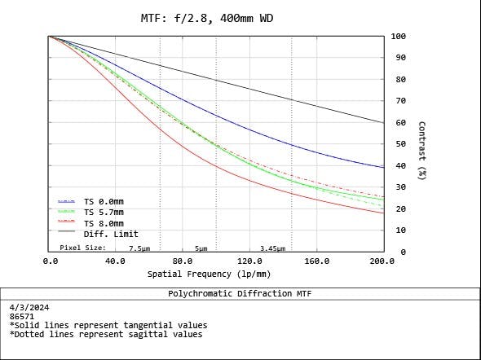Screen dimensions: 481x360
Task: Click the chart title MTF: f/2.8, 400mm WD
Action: pos(207,19)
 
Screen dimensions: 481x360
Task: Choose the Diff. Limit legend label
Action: pos(111,234)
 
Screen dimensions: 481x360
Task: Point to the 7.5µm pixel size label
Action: pos(139,248)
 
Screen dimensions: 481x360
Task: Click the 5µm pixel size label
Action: pos(201,248)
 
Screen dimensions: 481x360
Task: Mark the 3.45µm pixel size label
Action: pos(273,248)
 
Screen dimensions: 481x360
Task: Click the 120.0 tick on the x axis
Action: pos(249,261)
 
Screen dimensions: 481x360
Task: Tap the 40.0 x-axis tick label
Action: pos(115,261)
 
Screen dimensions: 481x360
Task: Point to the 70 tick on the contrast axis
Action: pos(399,101)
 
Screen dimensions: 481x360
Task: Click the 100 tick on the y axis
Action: pos(399,37)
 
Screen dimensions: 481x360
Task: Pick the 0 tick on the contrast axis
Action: pos(403,252)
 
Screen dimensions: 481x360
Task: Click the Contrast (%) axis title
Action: pos(422,151)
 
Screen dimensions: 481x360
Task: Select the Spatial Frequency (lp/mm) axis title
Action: pos(210,274)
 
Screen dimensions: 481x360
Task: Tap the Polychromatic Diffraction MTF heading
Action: pos(240,293)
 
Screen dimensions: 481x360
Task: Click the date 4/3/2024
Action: pos(29,308)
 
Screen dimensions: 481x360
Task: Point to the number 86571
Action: pos(22,317)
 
